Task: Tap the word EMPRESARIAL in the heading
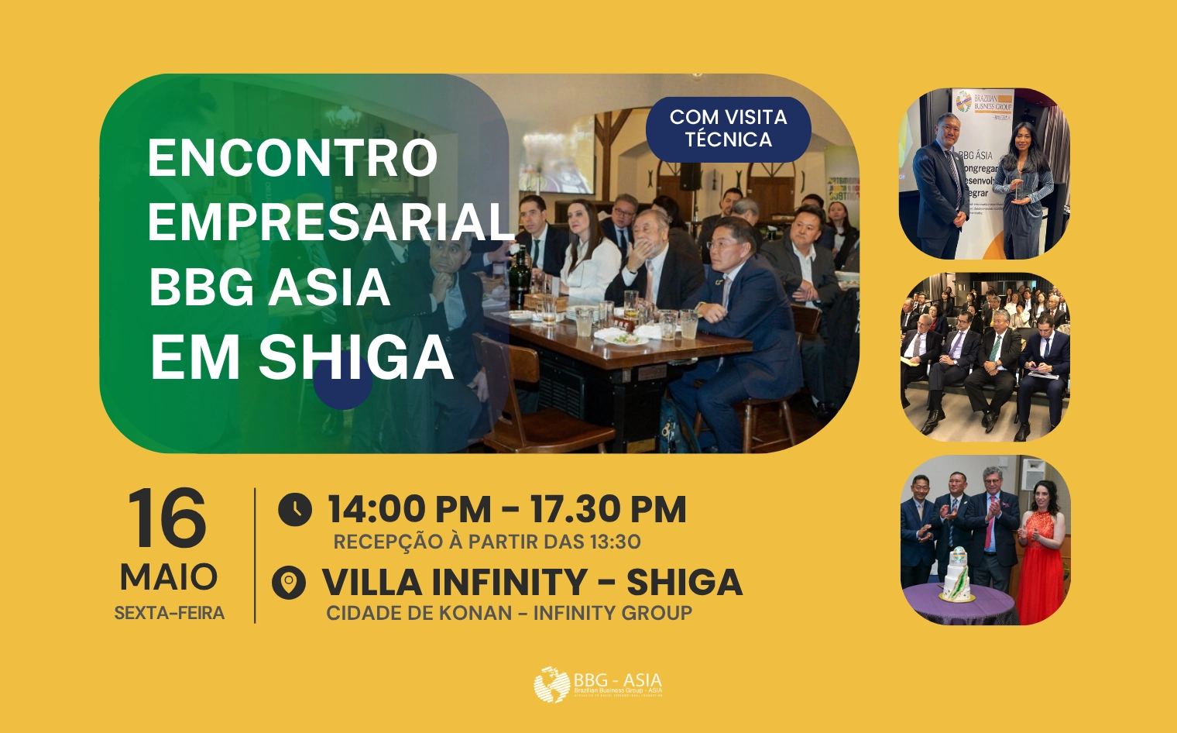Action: (x=331, y=222)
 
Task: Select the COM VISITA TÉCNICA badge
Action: (x=728, y=129)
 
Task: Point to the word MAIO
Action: (x=169, y=577)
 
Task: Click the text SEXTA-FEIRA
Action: (x=169, y=613)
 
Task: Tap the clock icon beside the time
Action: (x=294, y=510)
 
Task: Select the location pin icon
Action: (x=289, y=583)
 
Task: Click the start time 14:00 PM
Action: (x=409, y=510)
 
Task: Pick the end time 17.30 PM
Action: (x=608, y=510)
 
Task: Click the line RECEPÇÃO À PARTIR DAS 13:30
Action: (x=486, y=542)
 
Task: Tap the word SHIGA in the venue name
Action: (x=684, y=583)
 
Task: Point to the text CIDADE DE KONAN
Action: (x=418, y=613)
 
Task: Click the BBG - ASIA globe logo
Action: (x=551, y=685)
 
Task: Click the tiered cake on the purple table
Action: (x=958, y=575)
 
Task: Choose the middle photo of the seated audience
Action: (x=984, y=356)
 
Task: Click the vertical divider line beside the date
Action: (x=255, y=555)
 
